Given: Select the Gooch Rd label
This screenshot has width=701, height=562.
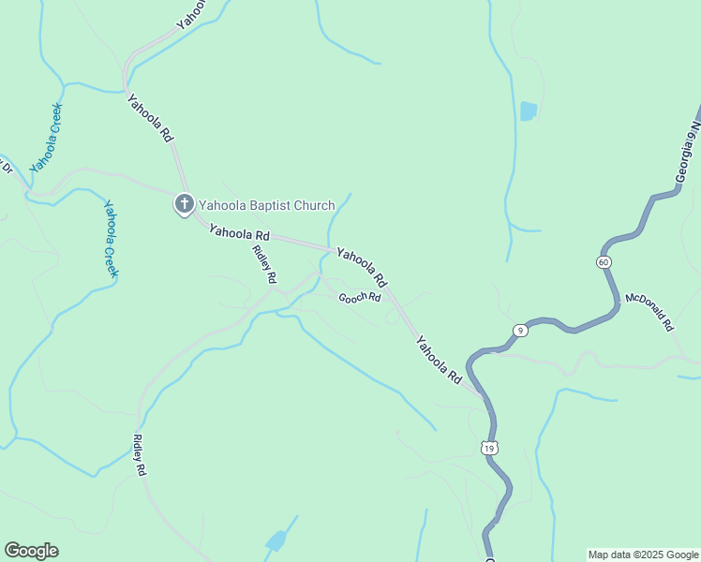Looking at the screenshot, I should pos(360,298).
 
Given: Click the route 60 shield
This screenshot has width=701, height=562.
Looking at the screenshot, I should pos(604,261).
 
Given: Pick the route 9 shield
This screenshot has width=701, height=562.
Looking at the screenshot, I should pos(520,331).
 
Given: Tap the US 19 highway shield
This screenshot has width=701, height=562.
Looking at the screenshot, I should pos(488,448).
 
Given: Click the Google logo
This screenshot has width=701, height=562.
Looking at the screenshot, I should pos(31,551).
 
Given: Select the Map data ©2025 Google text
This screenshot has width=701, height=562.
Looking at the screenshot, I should pos(643,555).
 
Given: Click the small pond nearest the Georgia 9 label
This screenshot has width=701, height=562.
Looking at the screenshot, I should pos(529,111).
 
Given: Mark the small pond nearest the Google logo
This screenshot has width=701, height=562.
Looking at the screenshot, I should pos(276,540).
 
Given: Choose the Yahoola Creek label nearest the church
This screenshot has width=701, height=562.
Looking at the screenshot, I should pos(111,239).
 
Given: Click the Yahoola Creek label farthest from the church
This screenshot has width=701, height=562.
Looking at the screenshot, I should pos(45,139).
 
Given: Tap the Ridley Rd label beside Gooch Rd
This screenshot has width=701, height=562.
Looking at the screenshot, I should pos(265,264).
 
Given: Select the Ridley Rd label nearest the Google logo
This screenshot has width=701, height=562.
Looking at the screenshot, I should pos(141,456).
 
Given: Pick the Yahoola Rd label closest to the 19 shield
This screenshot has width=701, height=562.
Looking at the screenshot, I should pos(440,360).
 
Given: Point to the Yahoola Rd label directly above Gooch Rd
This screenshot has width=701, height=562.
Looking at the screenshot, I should pos(362,267).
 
